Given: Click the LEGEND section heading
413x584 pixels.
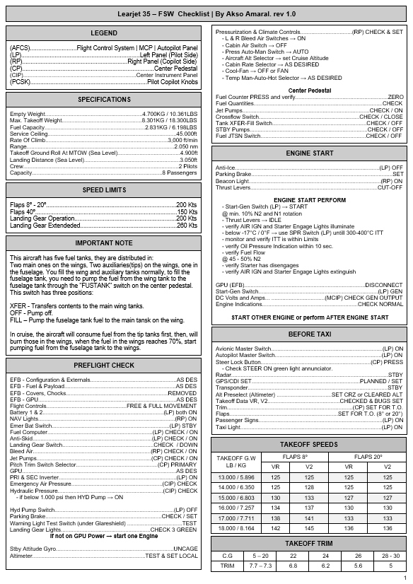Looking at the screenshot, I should (104, 33).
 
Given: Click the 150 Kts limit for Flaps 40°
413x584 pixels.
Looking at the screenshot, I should (187, 212).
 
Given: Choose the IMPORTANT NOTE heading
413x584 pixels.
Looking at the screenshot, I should (104, 243).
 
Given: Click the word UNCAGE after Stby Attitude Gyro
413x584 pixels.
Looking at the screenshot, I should (185, 549).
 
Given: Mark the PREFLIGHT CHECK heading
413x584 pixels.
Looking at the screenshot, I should (104, 366).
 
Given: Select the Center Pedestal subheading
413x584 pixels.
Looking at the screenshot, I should (310, 90).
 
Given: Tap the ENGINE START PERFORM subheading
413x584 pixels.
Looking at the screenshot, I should (310, 200).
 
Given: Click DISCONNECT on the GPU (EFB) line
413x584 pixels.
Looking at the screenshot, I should (384, 284).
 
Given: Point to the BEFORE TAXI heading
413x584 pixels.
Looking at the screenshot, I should (310, 334).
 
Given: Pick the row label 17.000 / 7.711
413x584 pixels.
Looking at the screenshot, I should (236, 518).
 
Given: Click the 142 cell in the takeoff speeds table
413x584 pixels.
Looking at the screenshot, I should (276, 527).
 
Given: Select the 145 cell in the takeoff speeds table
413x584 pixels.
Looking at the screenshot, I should (309, 527).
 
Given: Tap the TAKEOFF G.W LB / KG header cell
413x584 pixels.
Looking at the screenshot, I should (236, 462).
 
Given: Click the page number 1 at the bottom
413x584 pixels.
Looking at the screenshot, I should (405, 578).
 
